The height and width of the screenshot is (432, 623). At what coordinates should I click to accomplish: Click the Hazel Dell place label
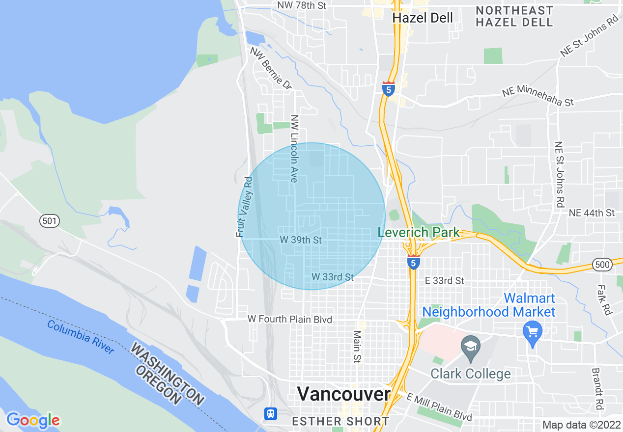click(423, 18)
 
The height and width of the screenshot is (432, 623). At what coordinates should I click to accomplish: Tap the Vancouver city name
click(344, 394)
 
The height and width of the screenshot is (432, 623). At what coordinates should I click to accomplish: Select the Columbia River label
click(81, 337)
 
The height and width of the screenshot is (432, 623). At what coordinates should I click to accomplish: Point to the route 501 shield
click(50, 221)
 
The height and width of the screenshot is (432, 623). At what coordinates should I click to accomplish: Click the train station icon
click(270, 413)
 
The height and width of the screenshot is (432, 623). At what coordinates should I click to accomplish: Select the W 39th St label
click(301, 240)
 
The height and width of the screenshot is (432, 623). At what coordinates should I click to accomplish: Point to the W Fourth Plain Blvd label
click(290, 319)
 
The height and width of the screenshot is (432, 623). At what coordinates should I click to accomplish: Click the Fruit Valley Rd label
click(244, 207)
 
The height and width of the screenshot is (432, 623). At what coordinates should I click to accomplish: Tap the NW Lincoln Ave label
click(294, 149)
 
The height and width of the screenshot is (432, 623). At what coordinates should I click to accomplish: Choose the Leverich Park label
click(419, 232)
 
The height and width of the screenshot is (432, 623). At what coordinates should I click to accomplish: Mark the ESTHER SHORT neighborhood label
click(340, 421)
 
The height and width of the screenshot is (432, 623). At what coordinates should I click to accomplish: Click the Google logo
click(33, 420)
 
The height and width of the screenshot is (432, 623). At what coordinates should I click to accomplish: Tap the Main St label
click(357, 346)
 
